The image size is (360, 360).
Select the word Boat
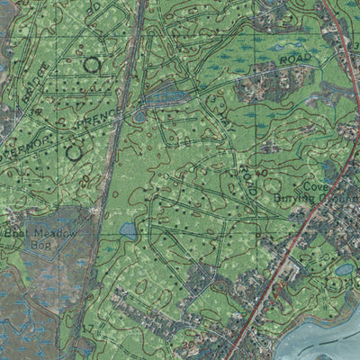point(15,233)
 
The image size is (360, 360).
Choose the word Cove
point(314,186)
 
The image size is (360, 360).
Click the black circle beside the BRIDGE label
point(91,64)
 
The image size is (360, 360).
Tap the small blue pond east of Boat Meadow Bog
point(129,231)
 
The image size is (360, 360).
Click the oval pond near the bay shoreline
point(345,268)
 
